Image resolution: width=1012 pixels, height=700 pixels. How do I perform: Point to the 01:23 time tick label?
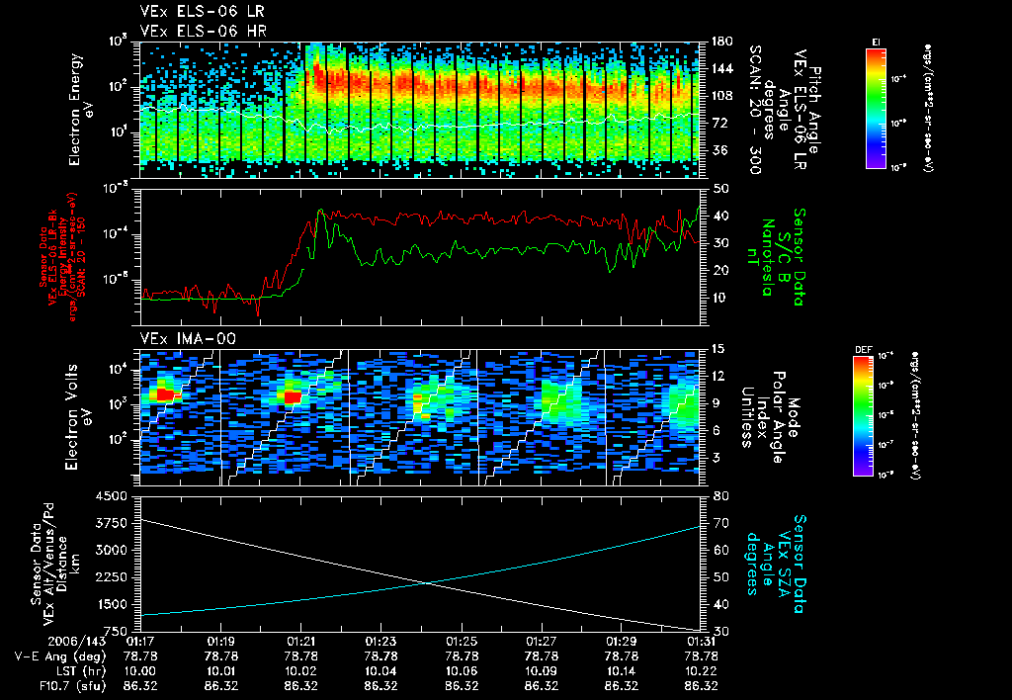(x=380, y=642)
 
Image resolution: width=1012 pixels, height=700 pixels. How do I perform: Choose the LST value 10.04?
(x=380, y=670)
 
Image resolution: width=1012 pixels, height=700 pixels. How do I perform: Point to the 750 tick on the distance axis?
(x=120, y=630)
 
